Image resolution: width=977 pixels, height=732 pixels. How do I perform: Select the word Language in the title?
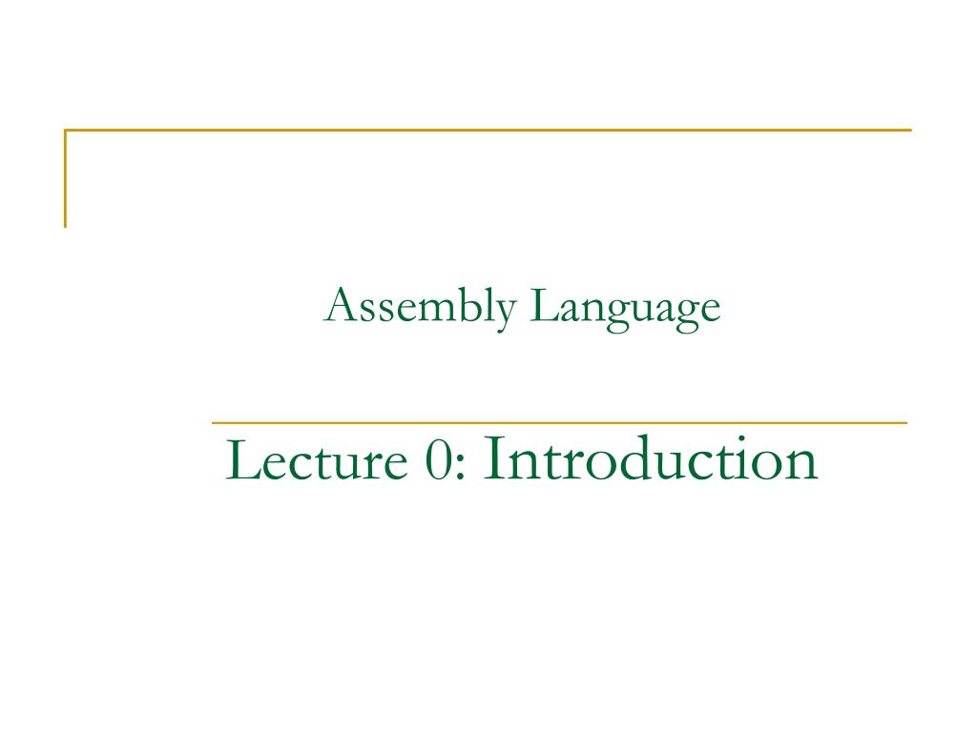pos(625,309)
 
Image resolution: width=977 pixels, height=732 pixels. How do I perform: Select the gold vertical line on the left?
pos(66,179)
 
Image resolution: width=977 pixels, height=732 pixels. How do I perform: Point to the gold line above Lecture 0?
pos(559,422)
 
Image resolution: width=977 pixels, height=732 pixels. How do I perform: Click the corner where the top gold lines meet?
pos(66,130)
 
